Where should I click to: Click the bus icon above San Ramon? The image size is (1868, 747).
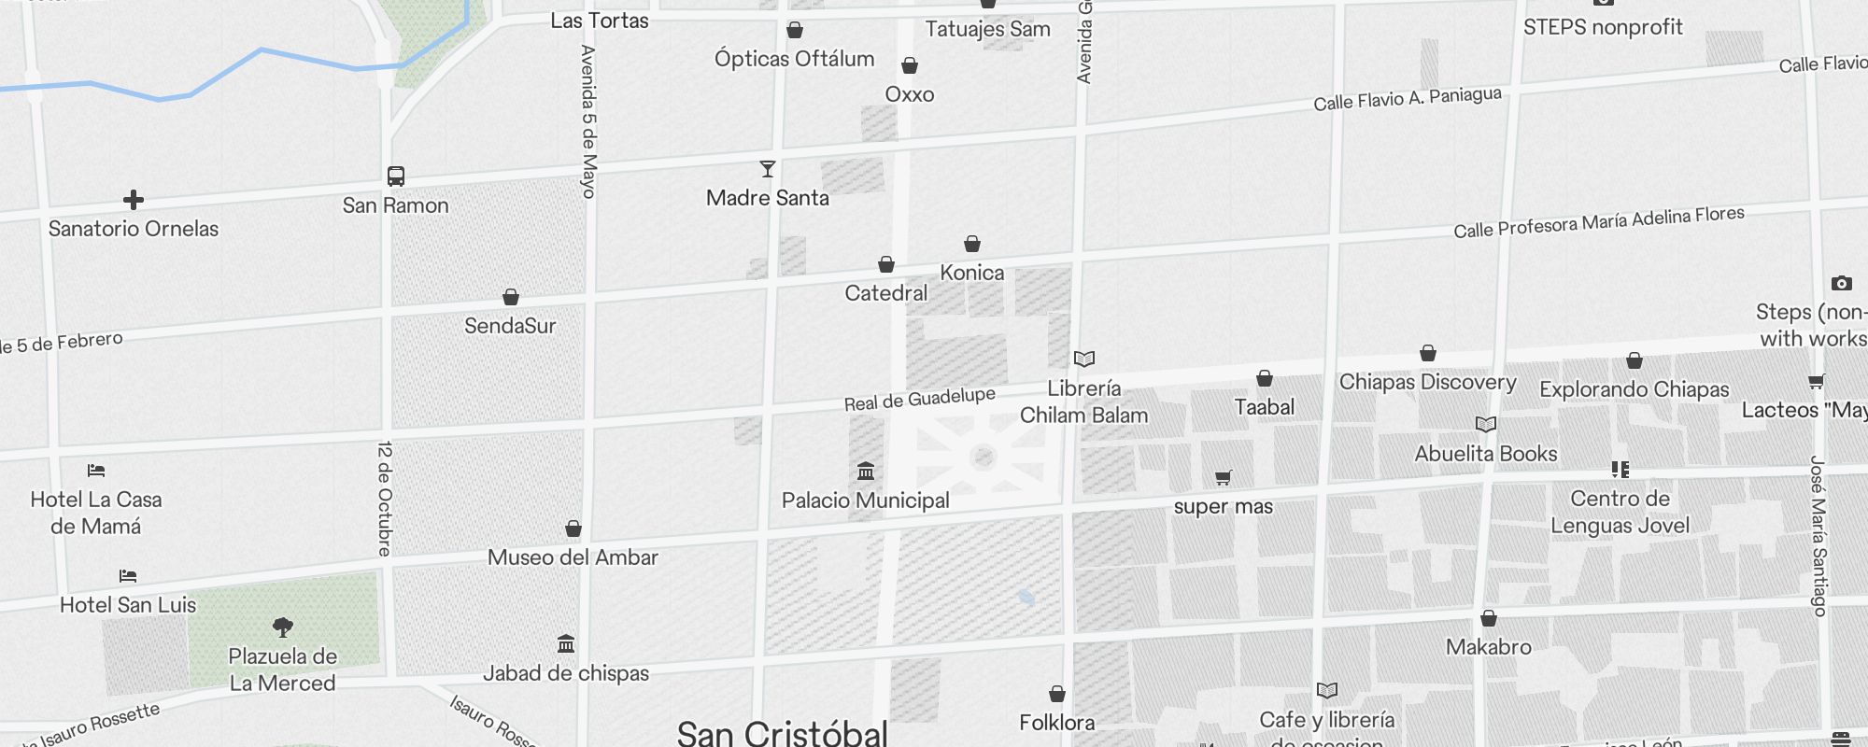[396, 176]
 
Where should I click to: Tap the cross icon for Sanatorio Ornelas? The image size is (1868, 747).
[134, 200]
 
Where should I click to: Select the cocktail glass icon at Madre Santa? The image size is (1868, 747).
[768, 169]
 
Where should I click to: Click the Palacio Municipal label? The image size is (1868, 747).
[865, 500]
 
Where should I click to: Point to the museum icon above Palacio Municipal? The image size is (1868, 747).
[866, 471]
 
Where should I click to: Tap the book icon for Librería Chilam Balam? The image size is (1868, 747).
[1083, 359]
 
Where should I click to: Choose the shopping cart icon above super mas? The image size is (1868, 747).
[1224, 477]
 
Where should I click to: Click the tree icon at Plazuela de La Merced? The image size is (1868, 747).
[283, 627]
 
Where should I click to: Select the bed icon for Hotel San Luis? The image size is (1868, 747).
[128, 576]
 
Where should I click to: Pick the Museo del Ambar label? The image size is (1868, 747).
[573, 557]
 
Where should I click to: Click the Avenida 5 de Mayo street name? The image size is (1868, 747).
[588, 121]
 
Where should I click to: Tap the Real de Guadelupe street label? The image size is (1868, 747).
[920, 399]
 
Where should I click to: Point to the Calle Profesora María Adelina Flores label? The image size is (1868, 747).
[1598, 222]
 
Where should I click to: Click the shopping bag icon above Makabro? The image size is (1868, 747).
[1489, 618]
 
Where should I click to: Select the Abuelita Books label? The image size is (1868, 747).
[1486, 454]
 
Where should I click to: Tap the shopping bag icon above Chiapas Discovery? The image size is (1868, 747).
[1428, 353]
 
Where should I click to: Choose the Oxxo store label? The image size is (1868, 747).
[910, 94]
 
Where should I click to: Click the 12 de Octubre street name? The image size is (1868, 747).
[384, 499]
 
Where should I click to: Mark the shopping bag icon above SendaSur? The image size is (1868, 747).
[511, 297]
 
